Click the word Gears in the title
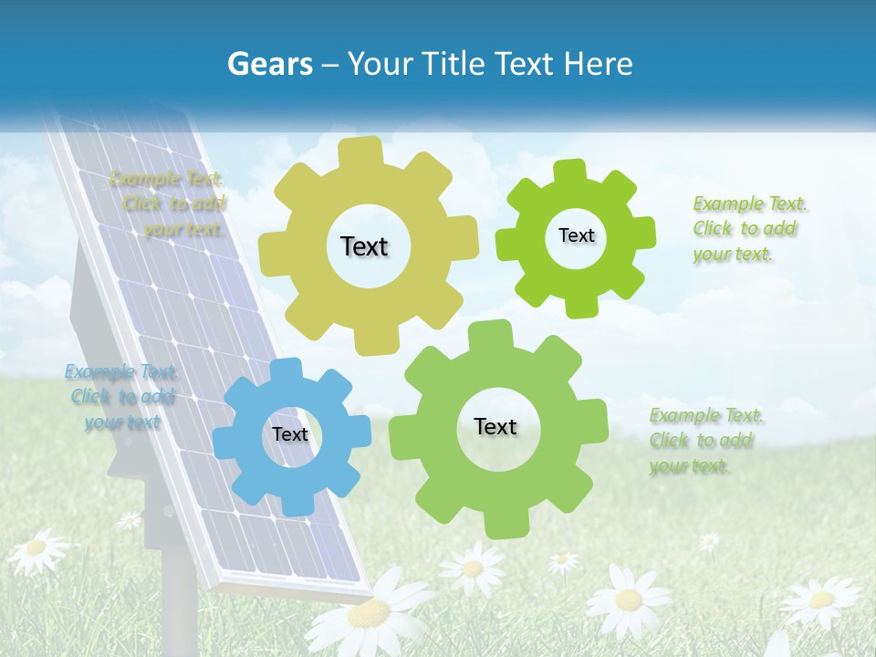point(269,64)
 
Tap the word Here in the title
point(598,64)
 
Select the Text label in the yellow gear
point(364,246)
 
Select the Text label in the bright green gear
point(576,235)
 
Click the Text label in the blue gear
point(289,434)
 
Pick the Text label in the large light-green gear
point(495,426)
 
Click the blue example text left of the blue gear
point(120,397)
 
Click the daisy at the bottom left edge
point(36,548)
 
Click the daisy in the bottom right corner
point(820,600)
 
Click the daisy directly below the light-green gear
point(472,568)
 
